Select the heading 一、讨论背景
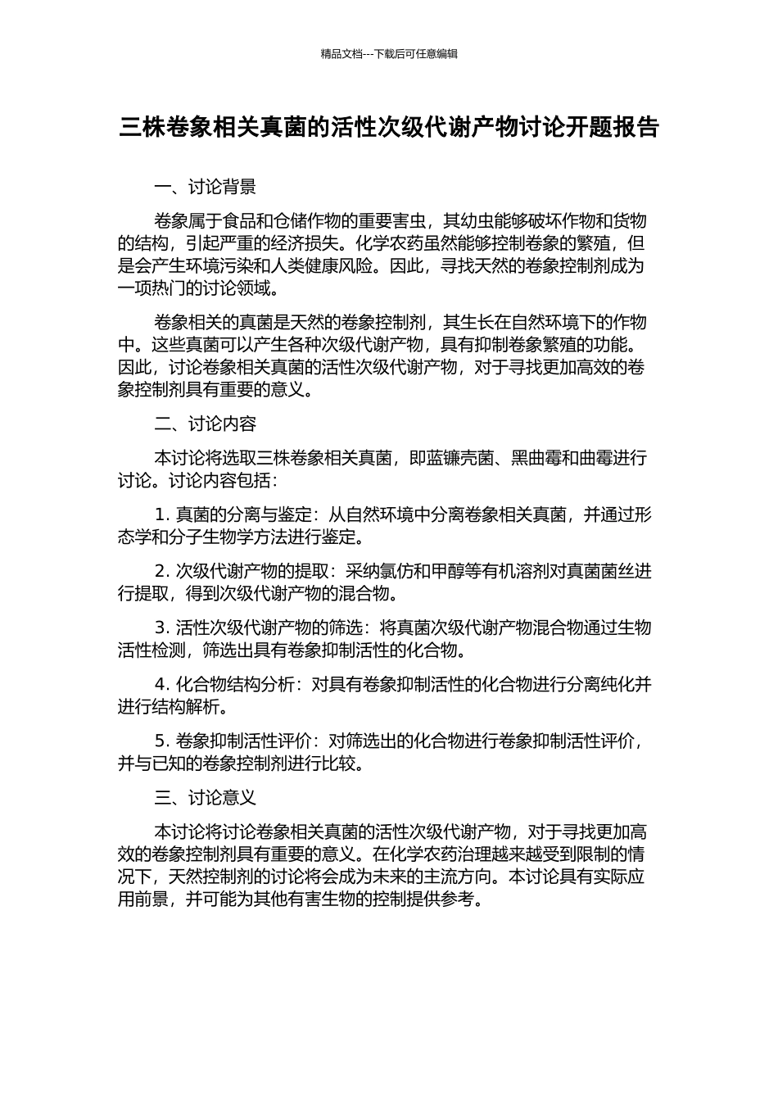click(x=205, y=188)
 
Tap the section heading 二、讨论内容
click(x=205, y=424)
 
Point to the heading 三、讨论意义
click(x=205, y=797)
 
